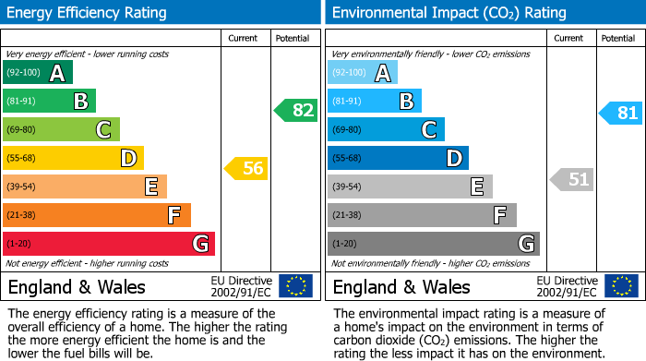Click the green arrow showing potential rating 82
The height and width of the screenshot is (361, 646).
296,111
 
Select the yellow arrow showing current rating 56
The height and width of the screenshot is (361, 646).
246,169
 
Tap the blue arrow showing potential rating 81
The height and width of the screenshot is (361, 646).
621,114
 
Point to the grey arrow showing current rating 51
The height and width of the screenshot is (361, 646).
571,179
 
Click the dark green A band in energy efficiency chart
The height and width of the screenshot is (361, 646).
38,73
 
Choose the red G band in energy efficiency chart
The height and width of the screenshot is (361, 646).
109,244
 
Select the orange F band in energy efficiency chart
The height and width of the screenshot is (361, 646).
97,215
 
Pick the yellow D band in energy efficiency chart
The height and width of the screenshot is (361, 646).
73,158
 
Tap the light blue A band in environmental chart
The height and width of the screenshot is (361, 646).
363,73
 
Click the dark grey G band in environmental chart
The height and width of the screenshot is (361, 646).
433,244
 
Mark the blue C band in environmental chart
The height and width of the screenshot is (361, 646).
386,129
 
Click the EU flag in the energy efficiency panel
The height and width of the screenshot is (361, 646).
295,286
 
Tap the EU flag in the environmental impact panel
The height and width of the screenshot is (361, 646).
620,286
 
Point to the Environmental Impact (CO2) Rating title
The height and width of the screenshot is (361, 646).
449,13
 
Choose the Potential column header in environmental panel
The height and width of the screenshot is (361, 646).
618,38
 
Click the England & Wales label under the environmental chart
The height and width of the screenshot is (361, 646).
401,287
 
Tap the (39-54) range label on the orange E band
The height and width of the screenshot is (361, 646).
20,187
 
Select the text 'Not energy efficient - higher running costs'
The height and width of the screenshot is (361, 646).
88,263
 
